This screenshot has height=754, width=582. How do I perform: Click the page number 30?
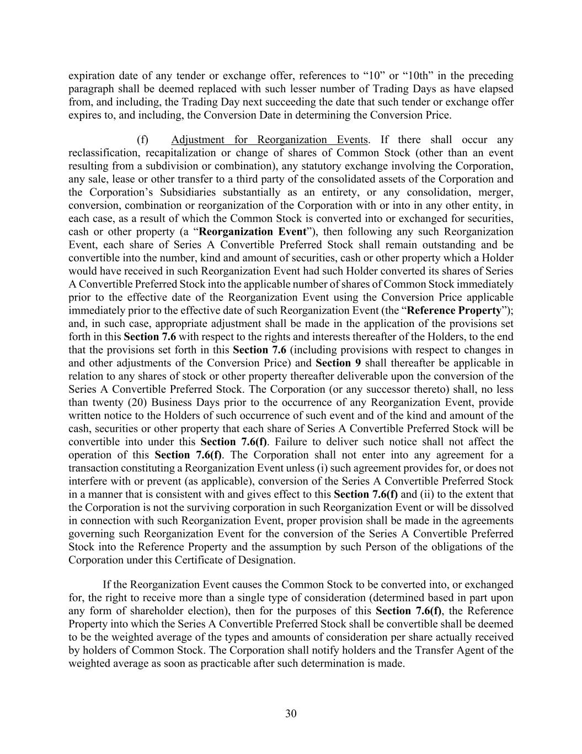tap(291, 714)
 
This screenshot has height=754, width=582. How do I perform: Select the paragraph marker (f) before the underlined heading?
tap(142, 140)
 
